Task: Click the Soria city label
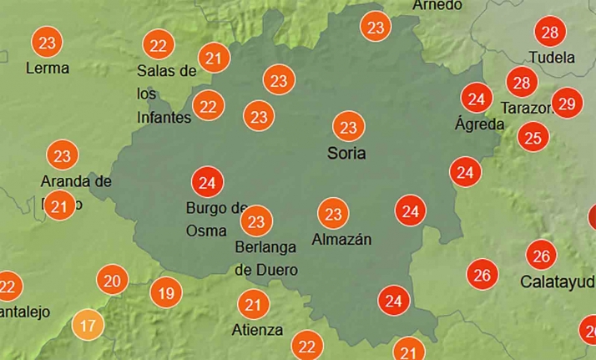(346, 154)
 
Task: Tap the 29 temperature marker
(567, 104)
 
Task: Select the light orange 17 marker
(89, 323)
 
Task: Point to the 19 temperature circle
(166, 293)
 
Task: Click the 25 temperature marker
(533, 136)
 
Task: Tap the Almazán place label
(341, 240)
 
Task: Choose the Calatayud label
(558, 281)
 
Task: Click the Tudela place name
(552, 58)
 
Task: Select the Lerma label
(48, 68)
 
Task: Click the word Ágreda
(479, 124)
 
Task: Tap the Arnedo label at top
(437, 6)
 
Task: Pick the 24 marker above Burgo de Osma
(208, 181)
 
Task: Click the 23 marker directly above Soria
(349, 128)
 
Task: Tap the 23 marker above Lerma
(48, 42)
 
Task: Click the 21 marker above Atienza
(253, 304)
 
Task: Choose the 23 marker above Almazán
(333, 214)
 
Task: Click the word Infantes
(164, 118)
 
